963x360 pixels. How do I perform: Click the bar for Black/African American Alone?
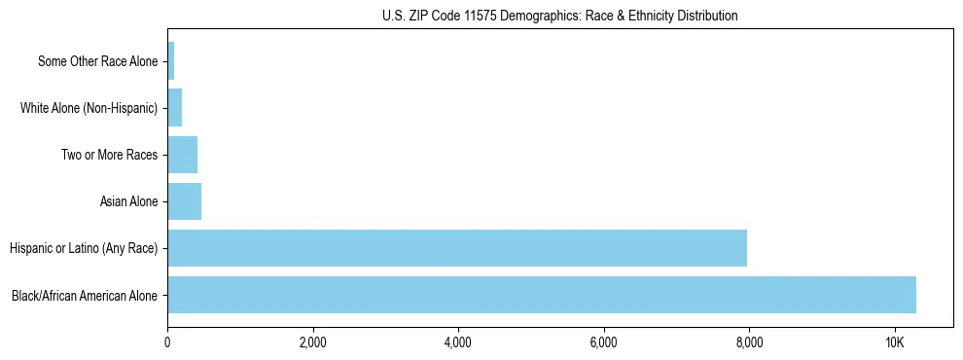542,295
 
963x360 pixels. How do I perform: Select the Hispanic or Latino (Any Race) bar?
457,248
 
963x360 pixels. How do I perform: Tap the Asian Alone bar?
184,201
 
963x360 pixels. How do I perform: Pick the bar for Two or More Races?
182,155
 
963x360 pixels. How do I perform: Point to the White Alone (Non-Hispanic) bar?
175,108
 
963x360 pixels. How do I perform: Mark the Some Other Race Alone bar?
171,61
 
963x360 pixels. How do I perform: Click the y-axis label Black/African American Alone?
85,295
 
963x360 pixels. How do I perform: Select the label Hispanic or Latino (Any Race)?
84,248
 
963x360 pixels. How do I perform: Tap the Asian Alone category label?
128,201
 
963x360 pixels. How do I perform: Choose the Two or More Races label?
109,155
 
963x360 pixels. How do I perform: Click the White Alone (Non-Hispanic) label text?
89,108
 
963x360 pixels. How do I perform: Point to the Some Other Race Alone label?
97,61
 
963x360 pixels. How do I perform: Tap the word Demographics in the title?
537,16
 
